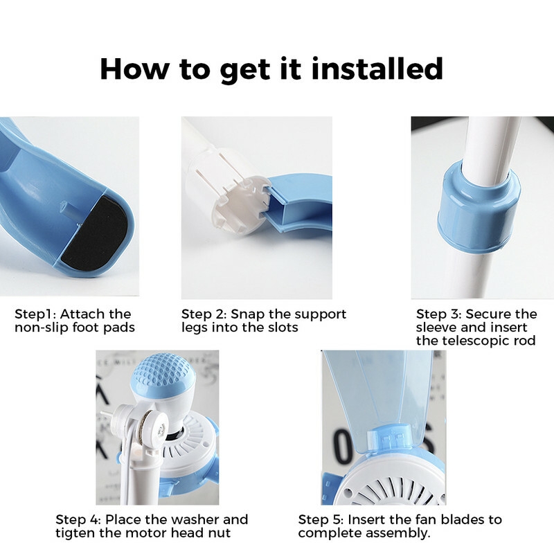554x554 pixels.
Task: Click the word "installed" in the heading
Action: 373,69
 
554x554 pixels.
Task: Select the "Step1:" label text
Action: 36,314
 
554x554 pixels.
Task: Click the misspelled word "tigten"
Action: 75,533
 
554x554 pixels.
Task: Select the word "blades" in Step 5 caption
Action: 458,519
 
